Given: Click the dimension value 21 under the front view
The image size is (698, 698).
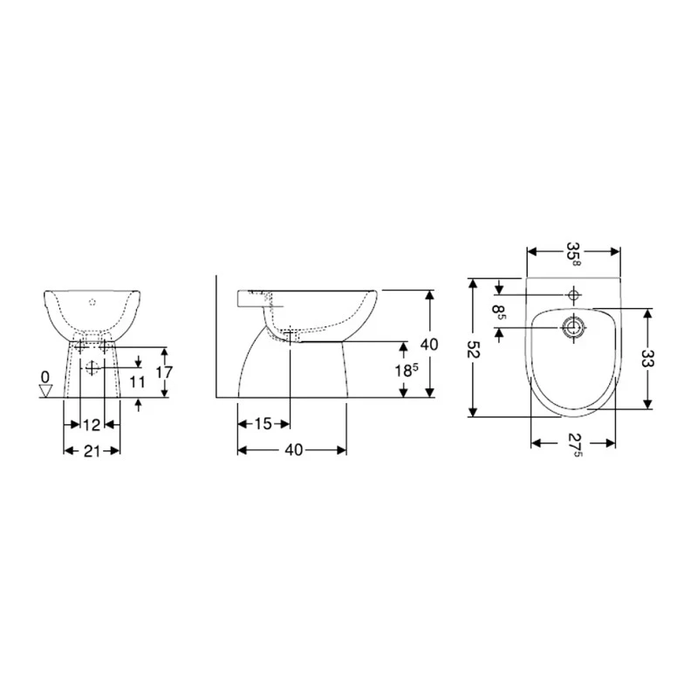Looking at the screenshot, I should coord(92,450).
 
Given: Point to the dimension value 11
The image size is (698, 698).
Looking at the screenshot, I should coord(136,381).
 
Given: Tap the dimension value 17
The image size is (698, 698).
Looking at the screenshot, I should coord(161,372).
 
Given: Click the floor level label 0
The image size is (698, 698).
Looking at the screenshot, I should coord(44,376).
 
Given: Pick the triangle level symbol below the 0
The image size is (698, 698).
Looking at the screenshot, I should coord(45,391).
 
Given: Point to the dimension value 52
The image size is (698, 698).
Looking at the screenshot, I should coord(473,349).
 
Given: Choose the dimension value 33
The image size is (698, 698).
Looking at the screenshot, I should coord(647,358).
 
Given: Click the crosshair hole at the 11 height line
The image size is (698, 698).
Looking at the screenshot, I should coord(92,366).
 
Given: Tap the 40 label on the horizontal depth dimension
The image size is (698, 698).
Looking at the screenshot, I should coord(293,450).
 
